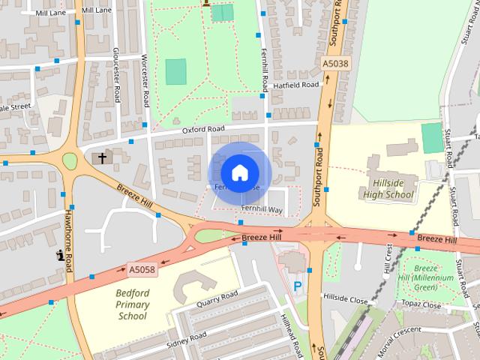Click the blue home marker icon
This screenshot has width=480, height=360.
[238, 172]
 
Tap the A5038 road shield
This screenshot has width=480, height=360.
[335, 64]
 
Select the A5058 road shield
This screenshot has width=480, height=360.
[142, 268]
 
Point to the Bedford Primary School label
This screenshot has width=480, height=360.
[133, 304]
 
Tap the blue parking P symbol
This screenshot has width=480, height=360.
[298, 286]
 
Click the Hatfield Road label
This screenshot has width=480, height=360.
[295, 85]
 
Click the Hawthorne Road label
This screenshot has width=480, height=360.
[68, 251]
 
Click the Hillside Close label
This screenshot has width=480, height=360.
[346, 298]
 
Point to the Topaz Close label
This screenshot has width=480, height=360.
[421, 305]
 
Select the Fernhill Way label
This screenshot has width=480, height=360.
[262, 209]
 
